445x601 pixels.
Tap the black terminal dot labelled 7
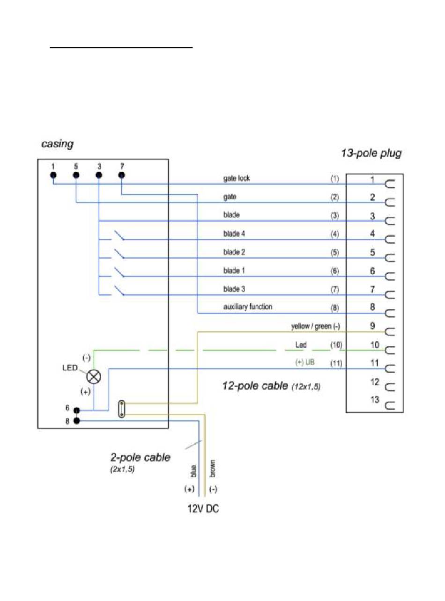point(121,175)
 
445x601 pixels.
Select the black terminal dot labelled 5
point(76,175)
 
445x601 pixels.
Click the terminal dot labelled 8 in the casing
point(76,421)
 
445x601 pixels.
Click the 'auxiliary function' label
point(248,307)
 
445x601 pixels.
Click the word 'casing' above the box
point(57,144)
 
